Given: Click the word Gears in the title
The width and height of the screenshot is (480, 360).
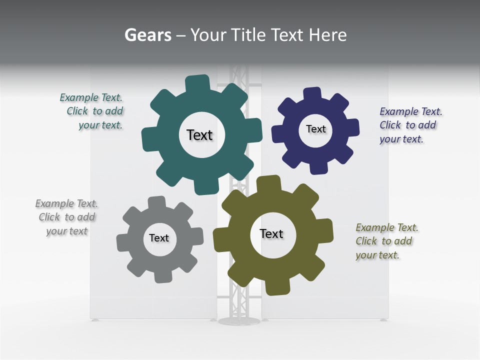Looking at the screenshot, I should [147, 35].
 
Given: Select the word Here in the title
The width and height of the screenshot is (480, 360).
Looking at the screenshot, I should [327, 35].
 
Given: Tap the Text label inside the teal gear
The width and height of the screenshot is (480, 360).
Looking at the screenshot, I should [199, 135].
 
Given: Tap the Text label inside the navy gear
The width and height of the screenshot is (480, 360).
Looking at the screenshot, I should [315, 129].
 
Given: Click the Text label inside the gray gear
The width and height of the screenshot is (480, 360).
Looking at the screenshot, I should [159, 238].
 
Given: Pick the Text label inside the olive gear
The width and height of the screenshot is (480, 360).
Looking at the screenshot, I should [271, 233].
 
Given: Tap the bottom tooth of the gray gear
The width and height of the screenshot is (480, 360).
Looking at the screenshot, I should [162, 276].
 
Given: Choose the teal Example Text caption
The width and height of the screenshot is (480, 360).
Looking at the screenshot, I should [92, 111].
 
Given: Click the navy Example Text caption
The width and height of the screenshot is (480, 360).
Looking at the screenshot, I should [410, 125].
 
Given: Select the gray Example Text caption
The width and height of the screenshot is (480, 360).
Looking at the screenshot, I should [66, 217].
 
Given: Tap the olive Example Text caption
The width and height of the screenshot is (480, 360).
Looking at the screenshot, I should [386, 241].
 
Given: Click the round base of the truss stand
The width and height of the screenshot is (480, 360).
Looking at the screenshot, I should [239, 320].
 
